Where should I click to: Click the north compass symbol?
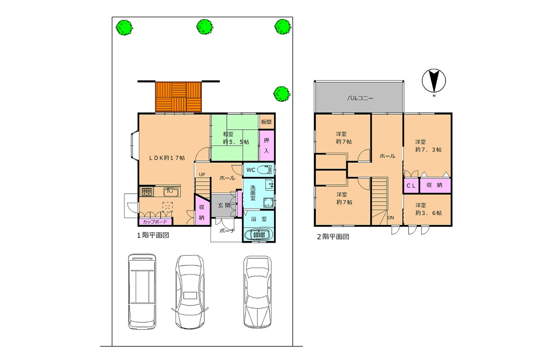click(434, 81)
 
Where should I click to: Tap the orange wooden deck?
click(179, 97)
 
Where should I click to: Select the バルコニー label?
click(360, 98)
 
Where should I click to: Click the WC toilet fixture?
click(264, 170)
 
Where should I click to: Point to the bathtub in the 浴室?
click(259, 234)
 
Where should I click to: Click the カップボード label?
click(155, 222)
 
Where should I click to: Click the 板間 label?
click(266, 122)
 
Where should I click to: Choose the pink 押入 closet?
click(266, 146)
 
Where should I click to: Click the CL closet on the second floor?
click(411, 185)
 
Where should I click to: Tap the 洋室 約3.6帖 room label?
click(428, 209)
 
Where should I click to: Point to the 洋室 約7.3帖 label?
click(428, 146)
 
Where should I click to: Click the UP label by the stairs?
click(202, 175)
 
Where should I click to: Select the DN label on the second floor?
click(390, 218)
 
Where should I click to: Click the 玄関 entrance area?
click(224, 206)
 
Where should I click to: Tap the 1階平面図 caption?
click(153, 235)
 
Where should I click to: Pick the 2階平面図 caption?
click(333, 237)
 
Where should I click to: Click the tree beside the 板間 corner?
click(282, 94)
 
